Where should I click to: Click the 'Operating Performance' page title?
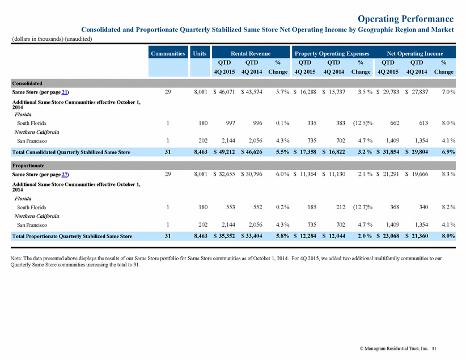406,19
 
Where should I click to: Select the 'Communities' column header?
168,53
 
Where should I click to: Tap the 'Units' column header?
200,53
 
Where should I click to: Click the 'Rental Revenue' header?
251,53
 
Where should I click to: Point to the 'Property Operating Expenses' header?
332,53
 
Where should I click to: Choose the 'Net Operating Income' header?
415,53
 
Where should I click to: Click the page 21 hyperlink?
65,92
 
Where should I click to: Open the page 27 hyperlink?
65,175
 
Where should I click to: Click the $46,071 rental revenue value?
224,92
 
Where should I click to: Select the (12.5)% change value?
363,123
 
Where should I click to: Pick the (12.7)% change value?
363,207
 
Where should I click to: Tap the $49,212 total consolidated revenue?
224,152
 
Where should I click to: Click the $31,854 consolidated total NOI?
388,152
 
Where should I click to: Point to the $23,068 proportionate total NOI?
388,236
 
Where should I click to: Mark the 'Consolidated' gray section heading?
27,83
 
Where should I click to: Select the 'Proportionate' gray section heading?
28,166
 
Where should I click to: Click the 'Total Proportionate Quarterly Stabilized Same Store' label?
72,236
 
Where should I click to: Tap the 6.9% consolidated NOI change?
448,152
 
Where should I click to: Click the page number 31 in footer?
434,349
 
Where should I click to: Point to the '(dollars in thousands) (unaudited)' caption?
52,39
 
